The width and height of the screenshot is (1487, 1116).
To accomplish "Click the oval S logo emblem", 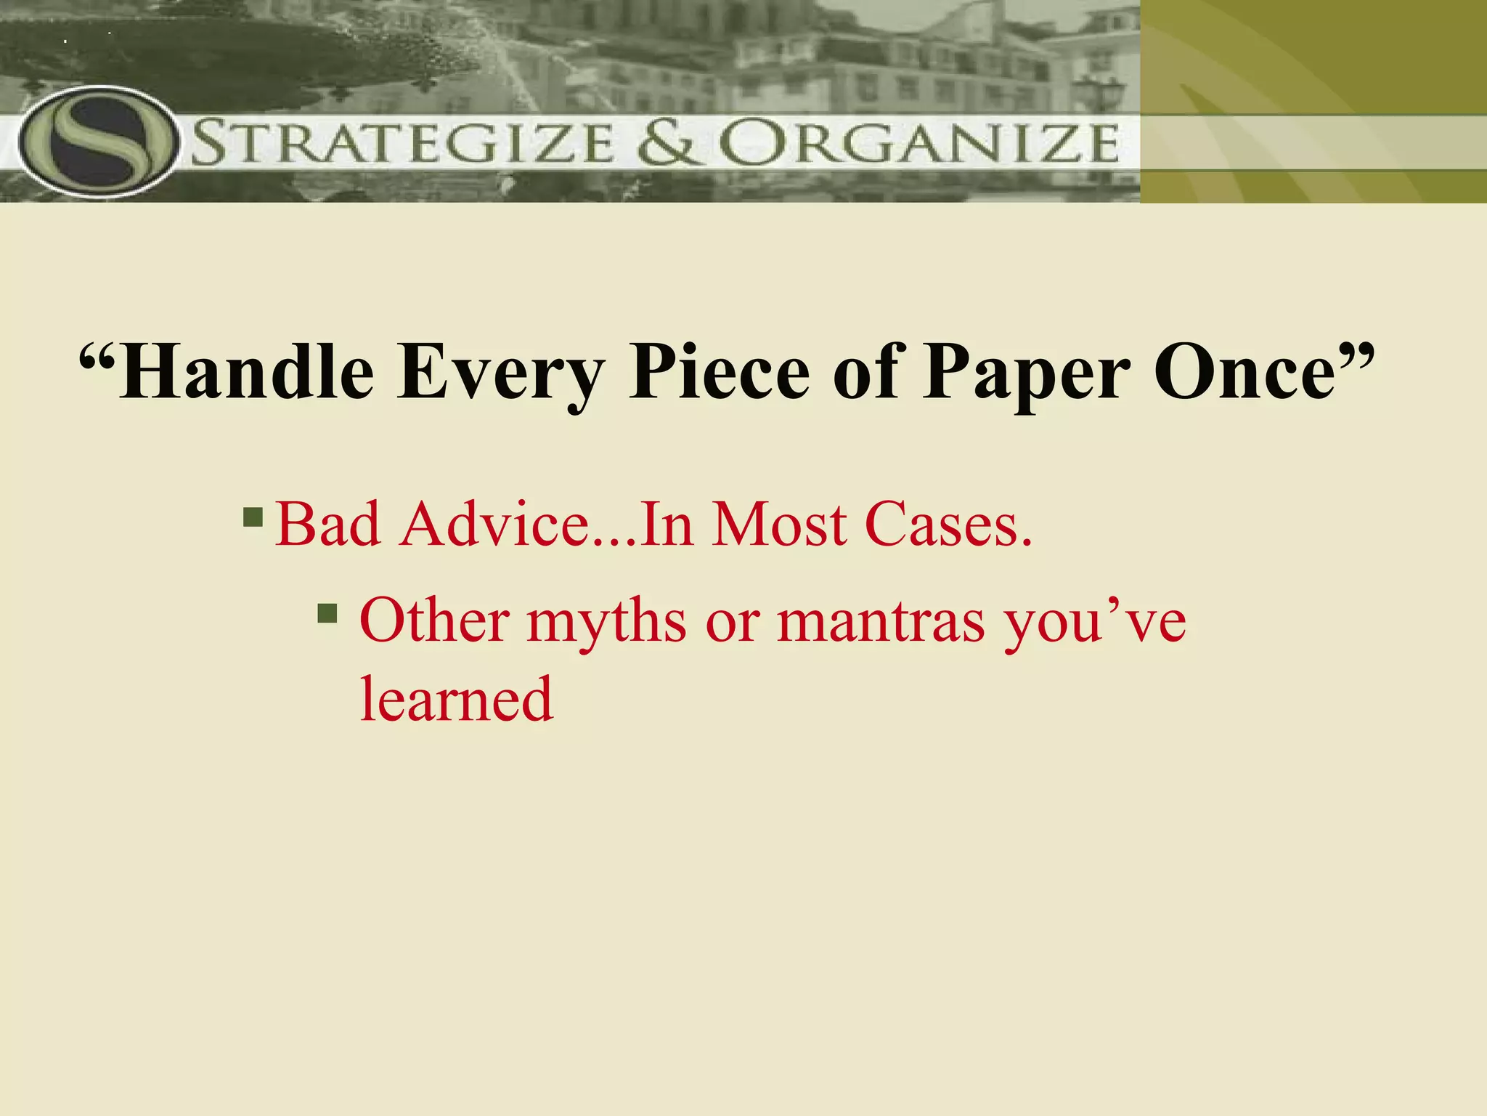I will pos(98,142).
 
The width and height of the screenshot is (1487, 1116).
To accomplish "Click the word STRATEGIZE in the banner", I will pos(404,143).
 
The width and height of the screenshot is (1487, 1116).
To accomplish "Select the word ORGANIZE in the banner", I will pos(919,143).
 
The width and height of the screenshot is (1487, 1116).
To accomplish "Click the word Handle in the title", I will pos(246,373).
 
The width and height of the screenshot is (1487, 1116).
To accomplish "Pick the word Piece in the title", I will pos(720,371).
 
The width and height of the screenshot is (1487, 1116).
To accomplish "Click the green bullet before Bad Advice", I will pos(253,517).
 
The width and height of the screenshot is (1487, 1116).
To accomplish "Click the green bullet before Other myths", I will pos(327,614).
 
